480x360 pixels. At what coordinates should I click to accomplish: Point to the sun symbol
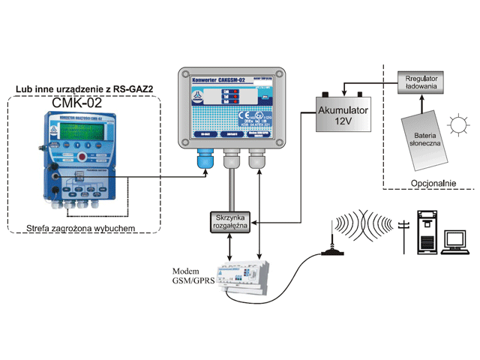pos(457,123)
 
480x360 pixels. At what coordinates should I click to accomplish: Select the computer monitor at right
pos(454,241)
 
